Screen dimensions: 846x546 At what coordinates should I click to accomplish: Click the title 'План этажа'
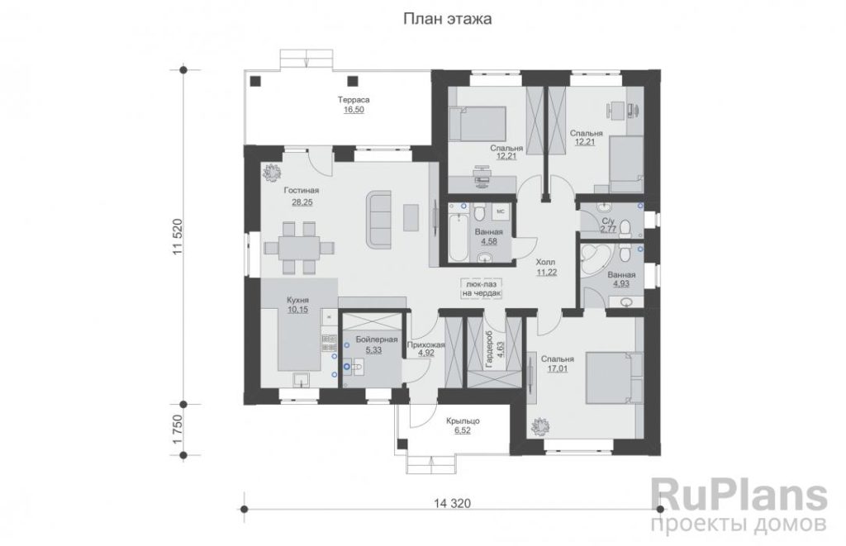coord(447,20)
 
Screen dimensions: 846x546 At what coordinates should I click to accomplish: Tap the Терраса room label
coord(354,100)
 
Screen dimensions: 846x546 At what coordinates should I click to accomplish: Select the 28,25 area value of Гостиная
coord(302,202)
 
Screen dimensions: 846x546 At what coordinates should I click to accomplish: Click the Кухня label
coord(297,300)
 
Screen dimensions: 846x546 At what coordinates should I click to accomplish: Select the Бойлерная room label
coord(376,339)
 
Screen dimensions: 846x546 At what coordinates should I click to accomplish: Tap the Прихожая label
coord(425,344)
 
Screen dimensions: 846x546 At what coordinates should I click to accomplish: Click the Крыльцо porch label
coord(463,420)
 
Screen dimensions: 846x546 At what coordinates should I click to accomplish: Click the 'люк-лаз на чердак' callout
coord(482,288)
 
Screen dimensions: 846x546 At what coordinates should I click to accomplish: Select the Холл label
coord(545,263)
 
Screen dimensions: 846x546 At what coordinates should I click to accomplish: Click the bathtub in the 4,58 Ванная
coord(459,235)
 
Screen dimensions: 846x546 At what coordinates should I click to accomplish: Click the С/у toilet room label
coord(608,221)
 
